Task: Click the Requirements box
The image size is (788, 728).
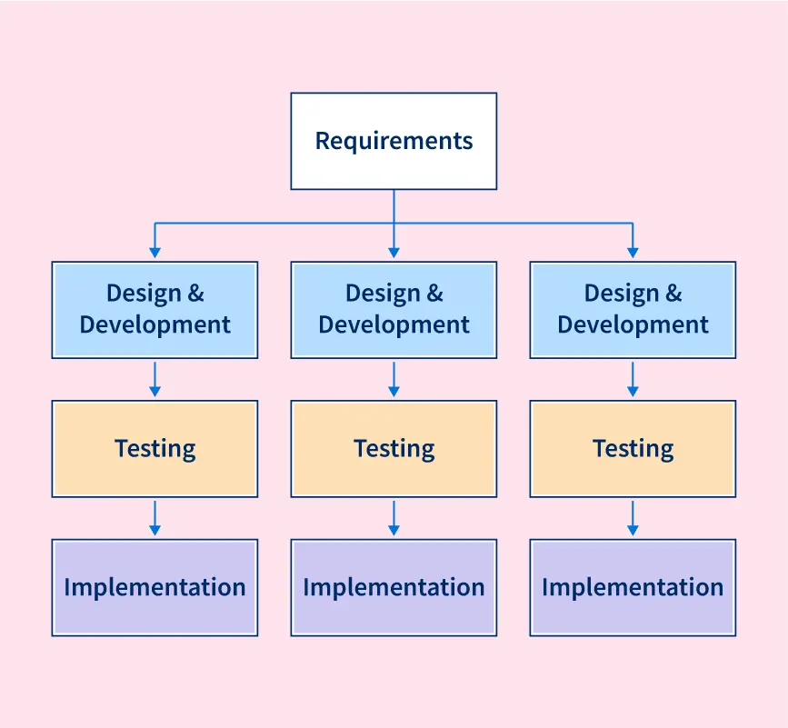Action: point(394,141)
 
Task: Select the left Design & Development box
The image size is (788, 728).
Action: point(155,309)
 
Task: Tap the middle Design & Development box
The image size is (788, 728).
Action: point(394,309)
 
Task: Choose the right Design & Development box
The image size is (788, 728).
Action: point(633,309)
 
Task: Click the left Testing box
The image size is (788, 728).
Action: point(155,448)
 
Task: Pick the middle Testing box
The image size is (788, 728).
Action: point(394,448)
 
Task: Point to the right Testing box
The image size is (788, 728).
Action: point(633,448)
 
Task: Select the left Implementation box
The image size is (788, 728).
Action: point(155,587)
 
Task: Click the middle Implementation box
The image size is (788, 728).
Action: point(394,587)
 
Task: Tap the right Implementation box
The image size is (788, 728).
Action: point(633,587)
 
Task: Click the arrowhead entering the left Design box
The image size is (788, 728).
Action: point(155,252)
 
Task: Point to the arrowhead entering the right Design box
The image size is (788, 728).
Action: point(633,252)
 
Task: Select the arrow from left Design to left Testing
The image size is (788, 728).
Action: point(155,378)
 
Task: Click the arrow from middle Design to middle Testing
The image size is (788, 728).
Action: point(394,378)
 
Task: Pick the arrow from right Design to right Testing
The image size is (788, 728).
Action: point(633,378)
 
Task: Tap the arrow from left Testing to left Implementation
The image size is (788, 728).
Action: point(155,517)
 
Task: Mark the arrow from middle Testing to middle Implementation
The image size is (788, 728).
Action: point(394,517)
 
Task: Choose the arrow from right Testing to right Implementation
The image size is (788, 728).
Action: point(633,517)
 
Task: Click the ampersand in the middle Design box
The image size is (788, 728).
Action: point(434,294)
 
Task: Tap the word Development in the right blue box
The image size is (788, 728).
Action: point(633,324)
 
